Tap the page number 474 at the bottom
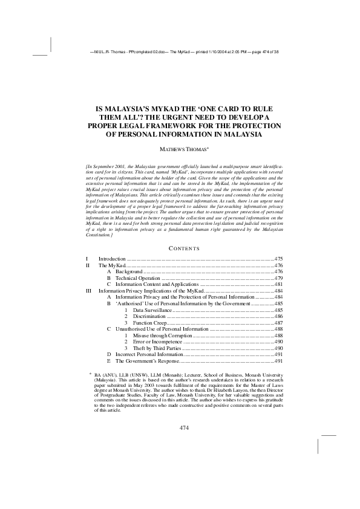(x=185, y=427)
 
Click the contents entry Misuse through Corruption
(x=163, y=335)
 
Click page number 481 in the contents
(x=278, y=284)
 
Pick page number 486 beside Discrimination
(x=278, y=316)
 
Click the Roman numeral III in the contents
(x=88, y=291)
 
